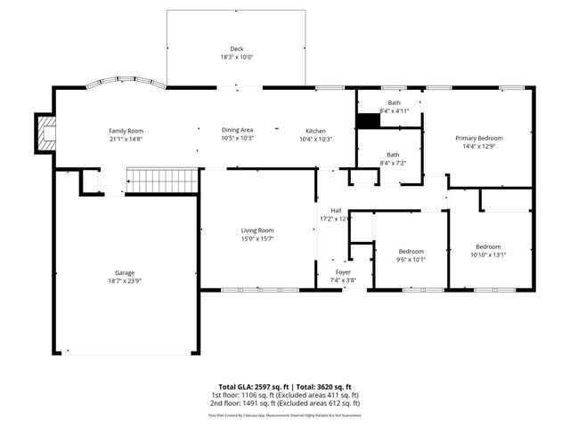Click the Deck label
click(236, 48)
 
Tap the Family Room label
click(126, 130)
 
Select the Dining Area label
click(237, 130)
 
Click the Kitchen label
click(315, 130)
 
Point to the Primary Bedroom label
click(479, 138)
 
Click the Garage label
click(124, 273)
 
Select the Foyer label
click(343, 272)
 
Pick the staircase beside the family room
click(159, 181)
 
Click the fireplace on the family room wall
click(45, 133)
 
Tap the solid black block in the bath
click(367, 121)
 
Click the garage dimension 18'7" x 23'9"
click(124, 281)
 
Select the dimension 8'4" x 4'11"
click(394, 111)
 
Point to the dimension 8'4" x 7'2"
click(393, 164)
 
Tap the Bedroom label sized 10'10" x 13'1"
click(487, 246)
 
